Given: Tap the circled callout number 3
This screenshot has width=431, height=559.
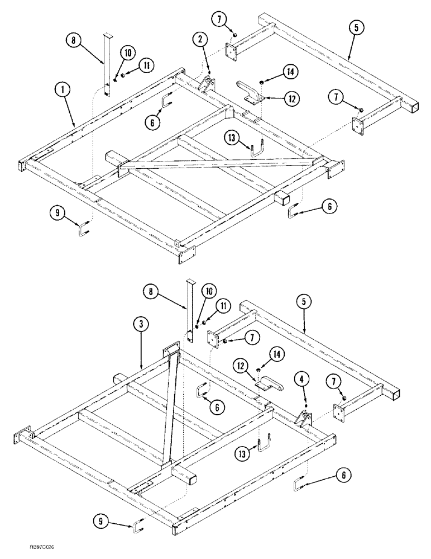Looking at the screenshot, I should coord(140,325).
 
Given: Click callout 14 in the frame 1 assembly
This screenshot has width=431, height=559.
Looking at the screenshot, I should coord(291,72).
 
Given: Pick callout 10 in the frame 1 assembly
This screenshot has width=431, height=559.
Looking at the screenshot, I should coord(128,53).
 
